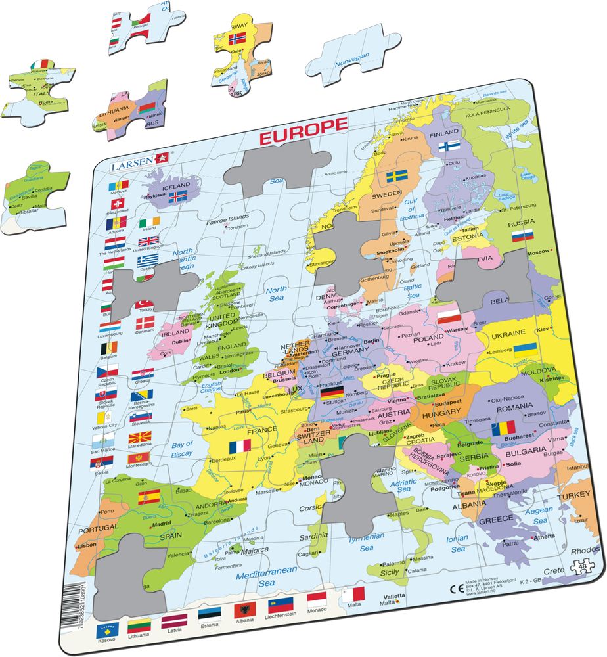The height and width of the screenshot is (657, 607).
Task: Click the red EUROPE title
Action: (x=303, y=125)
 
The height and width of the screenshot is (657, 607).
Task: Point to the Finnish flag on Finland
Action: (x=449, y=146)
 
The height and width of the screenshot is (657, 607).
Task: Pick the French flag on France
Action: (x=240, y=445)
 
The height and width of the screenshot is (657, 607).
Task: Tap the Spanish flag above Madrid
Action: (x=148, y=495)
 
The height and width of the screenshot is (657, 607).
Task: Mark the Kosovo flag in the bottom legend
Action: (x=108, y=631)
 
